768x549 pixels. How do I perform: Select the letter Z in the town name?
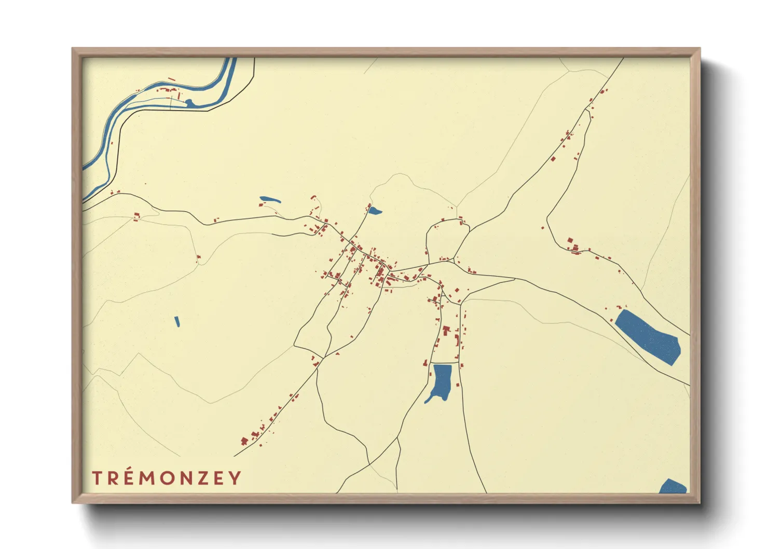pyautogui.click(x=202, y=478)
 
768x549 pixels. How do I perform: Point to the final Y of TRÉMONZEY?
pyautogui.click(x=236, y=478)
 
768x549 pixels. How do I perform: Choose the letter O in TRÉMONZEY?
pyautogui.click(x=166, y=478)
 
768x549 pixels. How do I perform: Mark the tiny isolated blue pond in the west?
pyautogui.click(x=177, y=322)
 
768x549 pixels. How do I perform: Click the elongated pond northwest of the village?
pyautogui.click(x=270, y=199)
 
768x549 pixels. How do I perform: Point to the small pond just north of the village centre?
pyautogui.click(x=374, y=211)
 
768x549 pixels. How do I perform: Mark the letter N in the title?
pyautogui.click(x=184, y=478)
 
